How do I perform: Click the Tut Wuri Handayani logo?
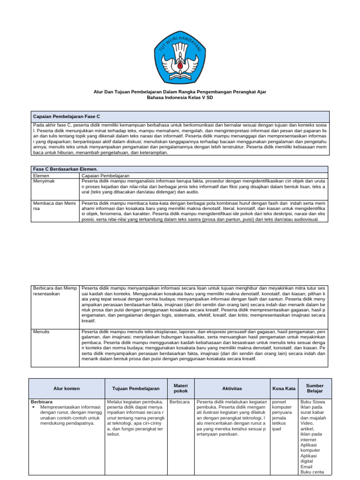180,55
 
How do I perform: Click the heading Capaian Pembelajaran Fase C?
67,115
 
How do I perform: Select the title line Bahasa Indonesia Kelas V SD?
180,98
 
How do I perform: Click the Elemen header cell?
41,175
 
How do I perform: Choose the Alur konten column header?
67,388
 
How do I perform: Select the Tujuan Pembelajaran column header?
136,388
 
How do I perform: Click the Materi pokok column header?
180,388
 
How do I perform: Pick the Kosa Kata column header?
284,388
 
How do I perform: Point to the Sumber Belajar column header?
315,388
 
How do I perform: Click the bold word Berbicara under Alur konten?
42,402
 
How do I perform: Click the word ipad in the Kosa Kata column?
277,429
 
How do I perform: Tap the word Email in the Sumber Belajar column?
307,466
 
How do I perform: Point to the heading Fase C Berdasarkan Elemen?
65,169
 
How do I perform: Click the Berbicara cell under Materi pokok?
180,402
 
